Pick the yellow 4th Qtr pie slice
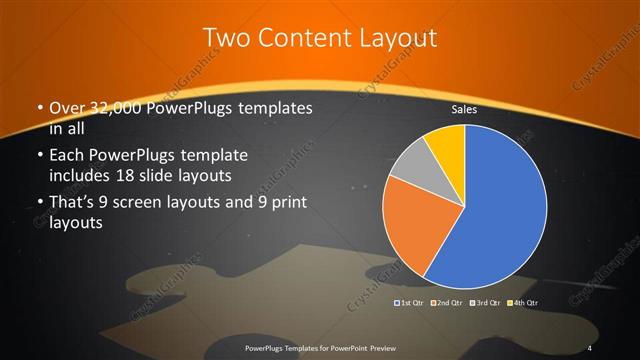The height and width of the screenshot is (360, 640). tap(446, 143)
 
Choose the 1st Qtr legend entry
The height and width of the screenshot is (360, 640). tap(409, 301)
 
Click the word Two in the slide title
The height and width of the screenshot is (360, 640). tap(228, 39)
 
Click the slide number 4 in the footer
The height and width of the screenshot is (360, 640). tap(590, 347)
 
